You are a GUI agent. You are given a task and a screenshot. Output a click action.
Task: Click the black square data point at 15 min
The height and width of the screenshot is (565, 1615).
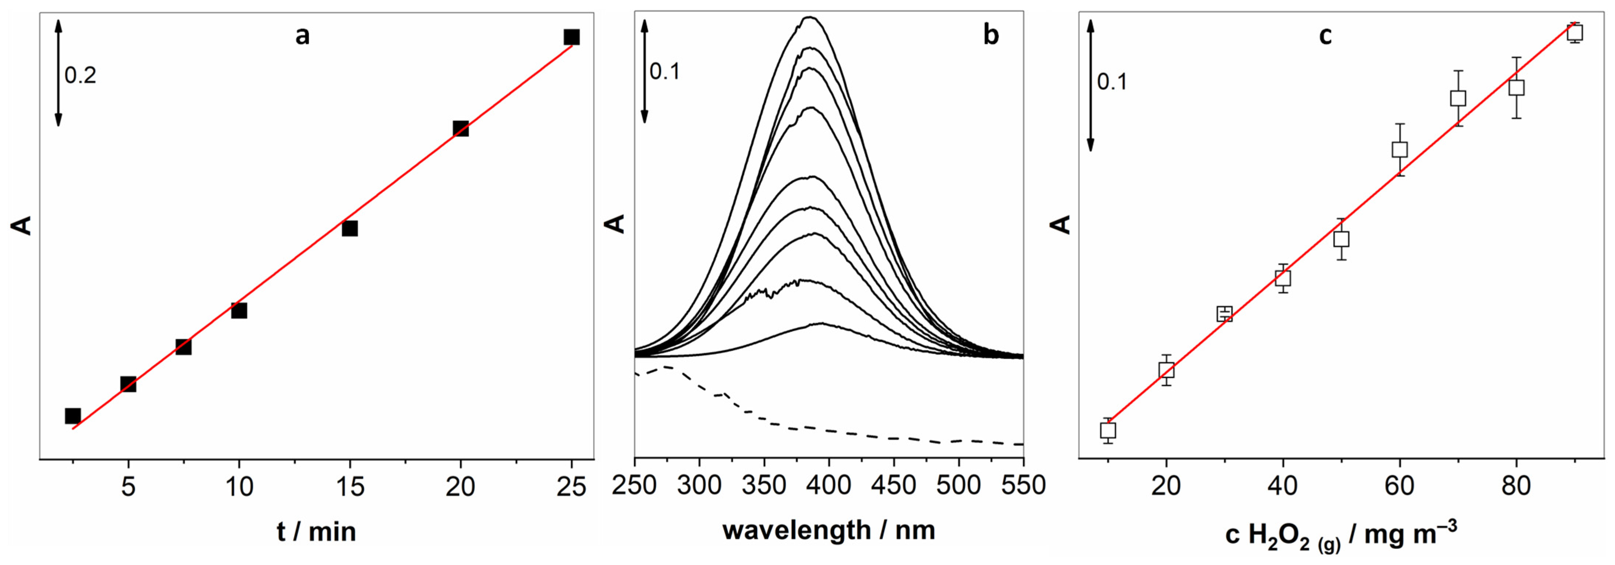pyautogui.click(x=350, y=228)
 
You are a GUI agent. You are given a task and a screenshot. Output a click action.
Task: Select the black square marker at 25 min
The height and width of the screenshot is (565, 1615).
pyautogui.click(x=571, y=37)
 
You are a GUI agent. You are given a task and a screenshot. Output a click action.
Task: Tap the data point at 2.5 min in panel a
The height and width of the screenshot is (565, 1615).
pyautogui.click(x=73, y=416)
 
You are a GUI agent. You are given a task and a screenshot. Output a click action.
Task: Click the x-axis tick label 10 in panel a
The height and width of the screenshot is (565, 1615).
pyautogui.click(x=239, y=486)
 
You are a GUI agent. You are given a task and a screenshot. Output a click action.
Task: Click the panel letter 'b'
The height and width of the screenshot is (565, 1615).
pyautogui.click(x=991, y=36)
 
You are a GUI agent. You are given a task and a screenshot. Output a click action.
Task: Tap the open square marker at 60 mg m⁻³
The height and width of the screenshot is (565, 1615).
pyautogui.click(x=1399, y=149)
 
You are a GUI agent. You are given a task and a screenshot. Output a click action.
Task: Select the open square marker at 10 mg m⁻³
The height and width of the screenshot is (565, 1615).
pyautogui.click(x=1108, y=430)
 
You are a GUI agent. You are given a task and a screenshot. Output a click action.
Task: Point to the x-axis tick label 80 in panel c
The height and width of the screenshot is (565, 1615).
pyautogui.click(x=1516, y=486)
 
